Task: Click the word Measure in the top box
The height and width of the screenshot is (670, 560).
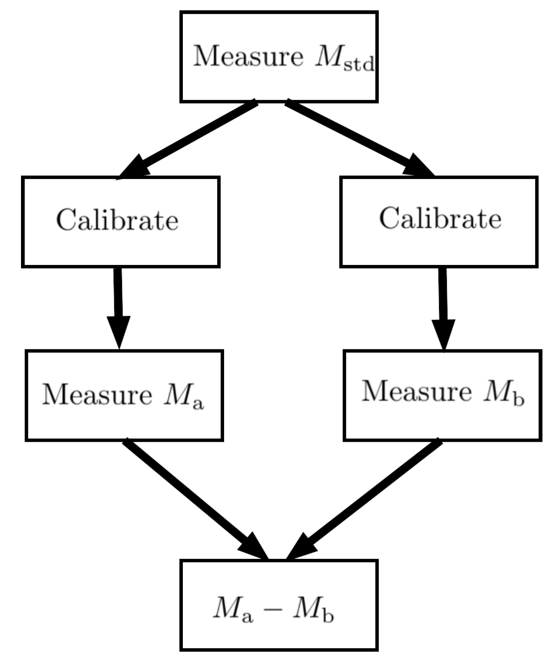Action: [x=248, y=56]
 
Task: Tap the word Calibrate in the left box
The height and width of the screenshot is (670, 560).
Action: [x=117, y=220]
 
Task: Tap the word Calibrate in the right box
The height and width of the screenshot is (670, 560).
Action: [x=440, y=219]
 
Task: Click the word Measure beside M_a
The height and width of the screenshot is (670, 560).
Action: [x=97, y=394]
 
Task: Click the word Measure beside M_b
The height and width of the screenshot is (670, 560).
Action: [x=416, y=392]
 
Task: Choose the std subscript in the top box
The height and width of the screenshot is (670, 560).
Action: [x=359, y=65]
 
